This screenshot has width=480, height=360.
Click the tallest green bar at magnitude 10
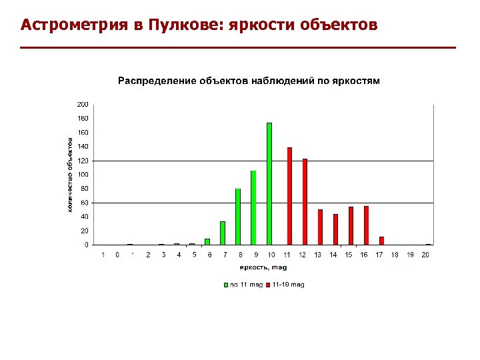pyautogui.click(x=269, y=184)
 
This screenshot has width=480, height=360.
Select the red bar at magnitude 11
pyautogui.click(x=289, y=196)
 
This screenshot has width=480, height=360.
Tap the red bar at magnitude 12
pyautogui.click(x=305, y=202)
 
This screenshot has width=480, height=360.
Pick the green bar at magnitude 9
pyautogui.click(x=253, y=208)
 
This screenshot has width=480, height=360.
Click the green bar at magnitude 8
pyautogui.click(x=238, y=217)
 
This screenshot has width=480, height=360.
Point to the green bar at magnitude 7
pyautogui.click(x=223, y=233)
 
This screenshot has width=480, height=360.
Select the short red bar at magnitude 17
pyautogui.click(x=381, y=241)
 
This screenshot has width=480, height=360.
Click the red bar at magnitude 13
pyautogui.click(x=320, y=227)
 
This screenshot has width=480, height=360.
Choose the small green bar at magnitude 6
pyautogui.click(x=207, y=241)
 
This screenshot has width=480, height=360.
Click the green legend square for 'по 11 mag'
pyautogui.click(x=225, y=285)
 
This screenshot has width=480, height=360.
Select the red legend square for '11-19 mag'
pyautogui.click(x=268, y=285)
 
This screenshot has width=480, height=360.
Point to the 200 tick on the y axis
pyautogui.click(x=83, y=105)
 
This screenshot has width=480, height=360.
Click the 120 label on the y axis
pyautogui.click(x=83, y=161)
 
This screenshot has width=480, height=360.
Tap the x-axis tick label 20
pyautogui.click(x=425, y=255)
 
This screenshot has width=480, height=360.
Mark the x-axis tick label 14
pyautogui.click(x=333, y=255)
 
